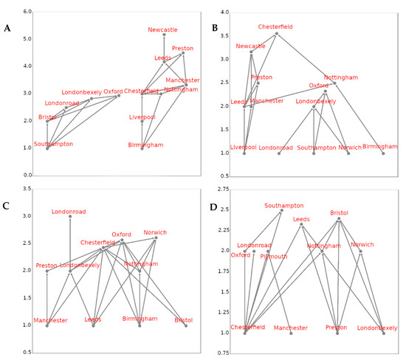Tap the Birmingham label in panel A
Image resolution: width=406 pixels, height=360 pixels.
[x=145, y=145]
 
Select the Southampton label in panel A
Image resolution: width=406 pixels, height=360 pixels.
[x=53, y=145]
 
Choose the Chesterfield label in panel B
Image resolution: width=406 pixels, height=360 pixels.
[x=275, y=27]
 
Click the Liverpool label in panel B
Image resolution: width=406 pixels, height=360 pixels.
[x=244, y=147]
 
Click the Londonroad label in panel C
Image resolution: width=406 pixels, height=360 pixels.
[x=69, y=212]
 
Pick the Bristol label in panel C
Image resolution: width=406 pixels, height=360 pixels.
[x=184, y=320]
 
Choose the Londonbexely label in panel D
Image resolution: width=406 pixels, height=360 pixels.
[x=377, y=328]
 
